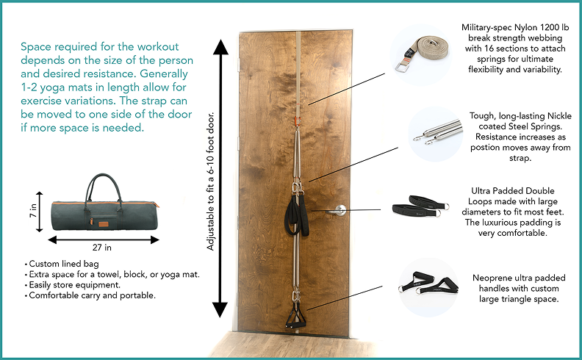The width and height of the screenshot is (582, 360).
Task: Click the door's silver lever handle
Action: pyautogui.click(x=337, y=210)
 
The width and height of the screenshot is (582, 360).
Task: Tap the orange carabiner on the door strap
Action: pyautogui.click(x=298, y=121)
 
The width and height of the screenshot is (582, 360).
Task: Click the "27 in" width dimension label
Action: pyautogui.click(x=102, y=248)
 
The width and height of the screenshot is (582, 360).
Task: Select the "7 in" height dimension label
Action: pyautogui.click(x=33, y=210)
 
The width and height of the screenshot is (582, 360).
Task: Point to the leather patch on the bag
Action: pyautogui.click(x=104, y=224)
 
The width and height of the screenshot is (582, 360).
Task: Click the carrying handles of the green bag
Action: pyautogui.click(x=104, y=187)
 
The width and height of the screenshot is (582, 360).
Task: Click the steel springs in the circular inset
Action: pyautogui.click(x=438, y=132)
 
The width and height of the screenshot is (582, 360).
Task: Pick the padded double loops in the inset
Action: pyautogui.click(x=420, y=206)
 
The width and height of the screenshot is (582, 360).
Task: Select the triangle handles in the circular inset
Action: pyautogui.click(x=428, y=284)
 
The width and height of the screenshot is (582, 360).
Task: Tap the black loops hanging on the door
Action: pyautogui.click(x=297, y=215)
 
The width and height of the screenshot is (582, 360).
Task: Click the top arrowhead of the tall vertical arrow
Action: pyautogui.click(x=220, y=47)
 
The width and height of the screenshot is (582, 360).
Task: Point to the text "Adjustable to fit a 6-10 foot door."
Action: pyautogui.click(x=210, y=181)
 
